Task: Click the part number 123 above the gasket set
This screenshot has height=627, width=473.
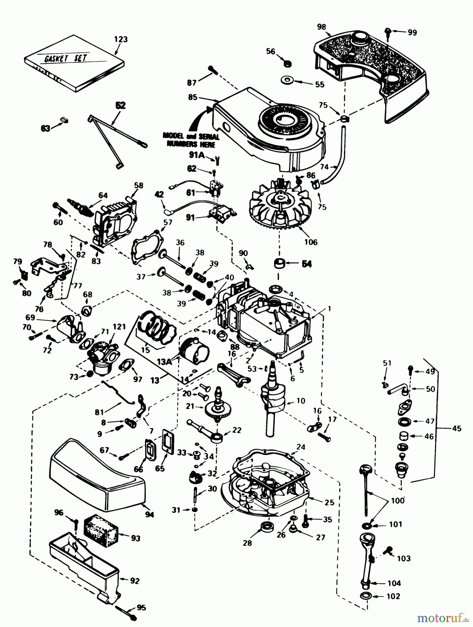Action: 121,39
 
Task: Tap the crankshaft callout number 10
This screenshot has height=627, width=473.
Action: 300,401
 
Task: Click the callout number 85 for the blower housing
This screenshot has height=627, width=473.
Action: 193,97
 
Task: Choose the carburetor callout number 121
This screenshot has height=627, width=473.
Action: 119,326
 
